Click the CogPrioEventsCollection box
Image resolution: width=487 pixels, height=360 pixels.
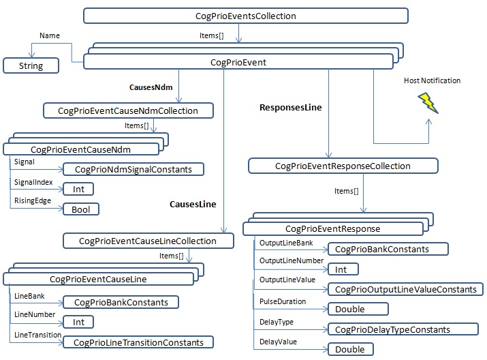coord(245,15)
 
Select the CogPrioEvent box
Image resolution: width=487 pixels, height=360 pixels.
coord(238,63)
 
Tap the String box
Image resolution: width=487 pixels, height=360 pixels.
coord(31,66)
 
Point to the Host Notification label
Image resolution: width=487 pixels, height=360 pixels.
coord(432,80)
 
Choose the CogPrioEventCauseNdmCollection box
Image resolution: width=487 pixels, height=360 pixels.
coord(128,110)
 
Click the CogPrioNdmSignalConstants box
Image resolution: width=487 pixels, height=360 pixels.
coord(133,168)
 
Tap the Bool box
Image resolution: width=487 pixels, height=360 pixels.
coord(80,209)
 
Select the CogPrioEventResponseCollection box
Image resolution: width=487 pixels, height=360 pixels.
coord(343,166)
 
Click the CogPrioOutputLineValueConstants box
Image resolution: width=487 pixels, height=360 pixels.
coord(405,289)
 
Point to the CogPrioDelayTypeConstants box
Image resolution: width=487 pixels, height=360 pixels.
coord(398,329)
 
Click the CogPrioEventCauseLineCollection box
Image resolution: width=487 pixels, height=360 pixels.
coord(147,241)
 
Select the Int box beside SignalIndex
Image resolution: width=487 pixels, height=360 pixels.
coord(78,189)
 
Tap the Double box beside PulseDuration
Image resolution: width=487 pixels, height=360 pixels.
coord(350,309)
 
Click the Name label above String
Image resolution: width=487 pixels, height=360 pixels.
coord(49,35)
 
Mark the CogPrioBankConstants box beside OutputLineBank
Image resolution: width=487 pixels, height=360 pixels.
coord(388,249)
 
